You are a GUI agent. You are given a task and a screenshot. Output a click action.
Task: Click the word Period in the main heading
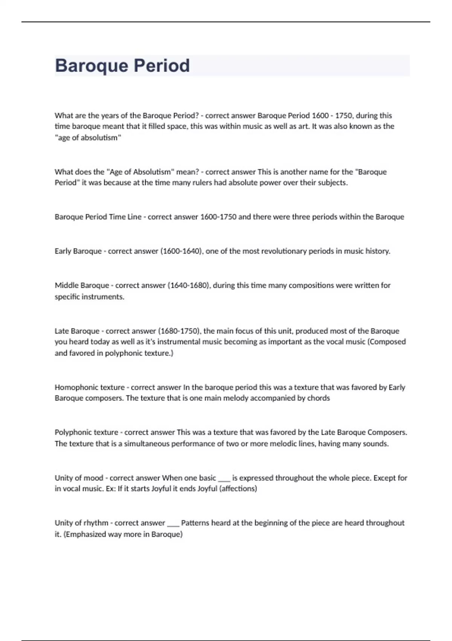click(162, 66)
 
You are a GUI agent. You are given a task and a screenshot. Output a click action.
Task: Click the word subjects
click(332, 183)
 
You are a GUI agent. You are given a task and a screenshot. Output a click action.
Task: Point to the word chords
click(318, 398)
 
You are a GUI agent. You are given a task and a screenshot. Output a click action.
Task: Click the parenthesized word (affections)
click(238, 489)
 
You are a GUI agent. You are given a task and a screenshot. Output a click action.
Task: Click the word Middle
click(67, 285)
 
